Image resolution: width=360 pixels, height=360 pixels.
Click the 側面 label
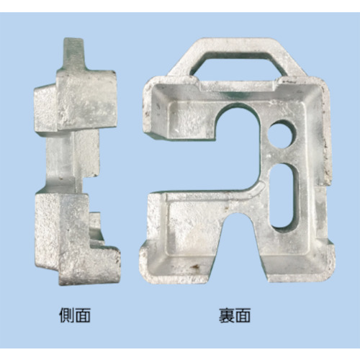click(75, 315)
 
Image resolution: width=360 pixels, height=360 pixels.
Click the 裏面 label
click(235, 315)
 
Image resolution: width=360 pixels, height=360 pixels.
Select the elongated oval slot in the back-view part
click(282, 195)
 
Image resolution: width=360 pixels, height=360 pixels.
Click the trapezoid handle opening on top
click(240, 63)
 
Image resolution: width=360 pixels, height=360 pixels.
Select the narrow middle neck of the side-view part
click(72, 160)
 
